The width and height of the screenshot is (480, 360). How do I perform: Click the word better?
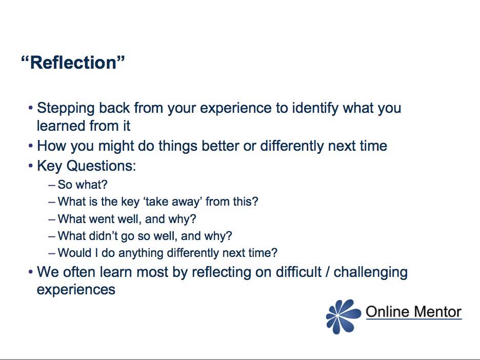(222, 146)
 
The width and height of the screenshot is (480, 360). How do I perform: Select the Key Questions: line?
(86, 166)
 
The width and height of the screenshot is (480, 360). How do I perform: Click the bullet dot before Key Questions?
(31, 167)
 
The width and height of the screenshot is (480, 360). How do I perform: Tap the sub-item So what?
(83, 185)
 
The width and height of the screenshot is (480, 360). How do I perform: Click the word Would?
(73, 253)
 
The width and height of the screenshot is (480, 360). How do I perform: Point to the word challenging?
(370, 272)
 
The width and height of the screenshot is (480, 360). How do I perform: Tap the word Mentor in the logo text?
(436, 311)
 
